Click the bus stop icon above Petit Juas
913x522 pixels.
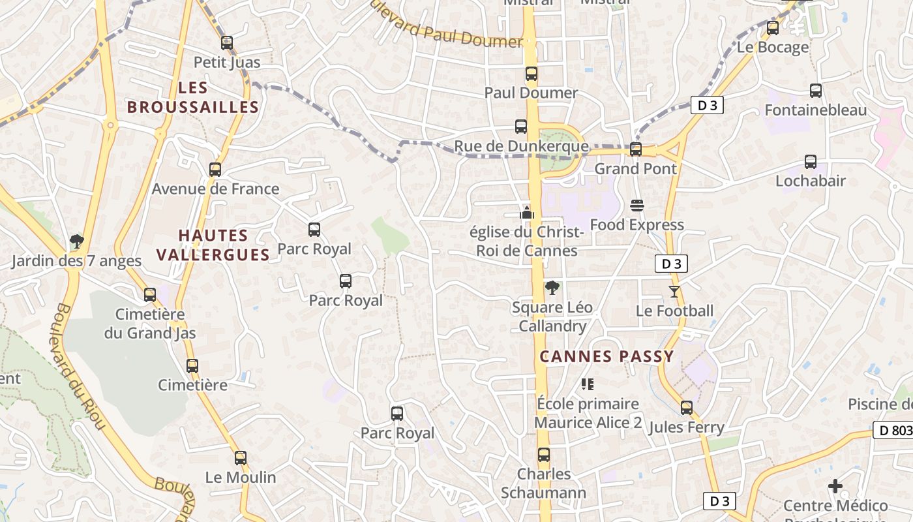(226, 43)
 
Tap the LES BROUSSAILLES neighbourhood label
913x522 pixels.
(193, 97)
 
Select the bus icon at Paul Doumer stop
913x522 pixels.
(531, 74)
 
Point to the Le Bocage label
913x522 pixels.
(773, 47)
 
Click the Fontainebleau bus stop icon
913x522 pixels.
(815, 91)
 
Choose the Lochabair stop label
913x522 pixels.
(810, 181)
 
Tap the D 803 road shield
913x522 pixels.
(892, 430)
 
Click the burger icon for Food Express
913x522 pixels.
(637, 206)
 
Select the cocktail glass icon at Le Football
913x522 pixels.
(674, 291)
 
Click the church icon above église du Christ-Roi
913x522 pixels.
(527, 213)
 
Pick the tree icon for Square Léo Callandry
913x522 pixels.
(552, 287)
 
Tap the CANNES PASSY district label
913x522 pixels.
(606, 356)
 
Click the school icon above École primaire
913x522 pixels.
(588, 384)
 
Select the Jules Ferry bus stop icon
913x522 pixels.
(686, 408)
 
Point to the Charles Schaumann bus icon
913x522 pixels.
(544, 455)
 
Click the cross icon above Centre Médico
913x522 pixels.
(835, 486)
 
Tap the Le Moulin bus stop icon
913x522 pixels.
(241, 458)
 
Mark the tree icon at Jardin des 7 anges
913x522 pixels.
(76, 242)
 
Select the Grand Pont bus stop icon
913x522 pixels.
(636, 149)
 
